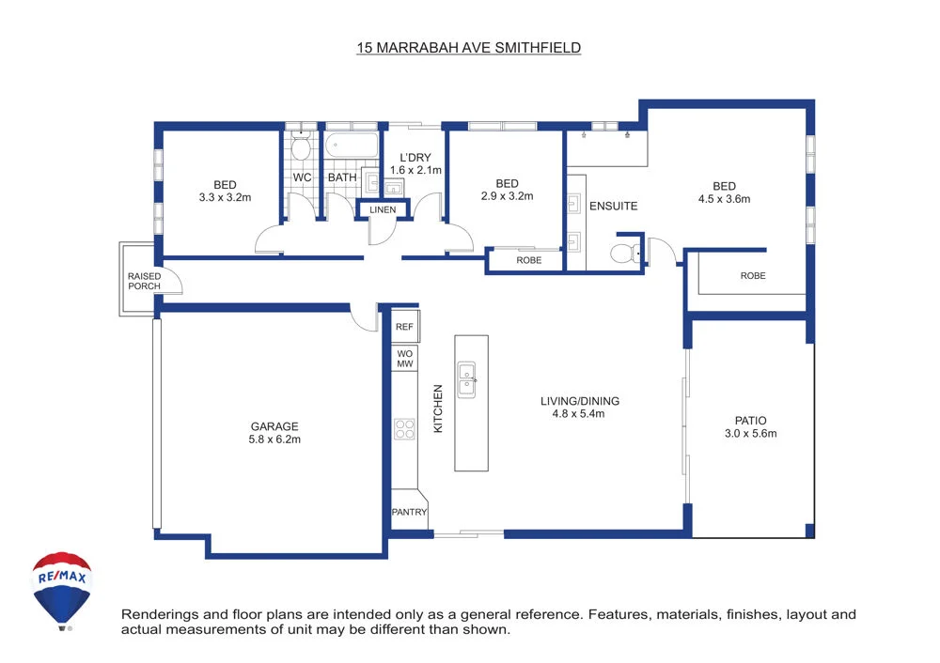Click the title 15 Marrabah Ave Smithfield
(469, 47)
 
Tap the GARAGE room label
(274, 432)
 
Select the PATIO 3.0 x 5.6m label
(750, 427)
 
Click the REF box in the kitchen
(404, 327)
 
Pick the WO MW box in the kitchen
(404, 358)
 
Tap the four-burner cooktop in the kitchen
(404, 429)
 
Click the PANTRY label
(409, 513)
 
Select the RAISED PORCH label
(144, 281)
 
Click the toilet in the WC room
(301, 148)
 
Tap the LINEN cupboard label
(383, 209)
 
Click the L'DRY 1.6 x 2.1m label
(415, 163)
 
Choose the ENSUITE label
(613, 206)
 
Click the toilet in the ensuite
(624, 252)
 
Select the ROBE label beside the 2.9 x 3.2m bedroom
(529, 260)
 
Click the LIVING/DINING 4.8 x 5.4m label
(579, 408)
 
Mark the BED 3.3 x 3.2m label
(225, 191)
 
